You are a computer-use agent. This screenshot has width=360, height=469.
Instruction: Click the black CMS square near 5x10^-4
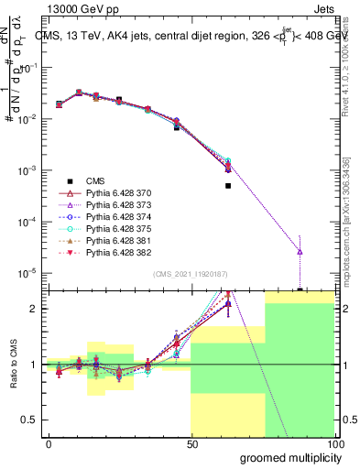tap(228, 185)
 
